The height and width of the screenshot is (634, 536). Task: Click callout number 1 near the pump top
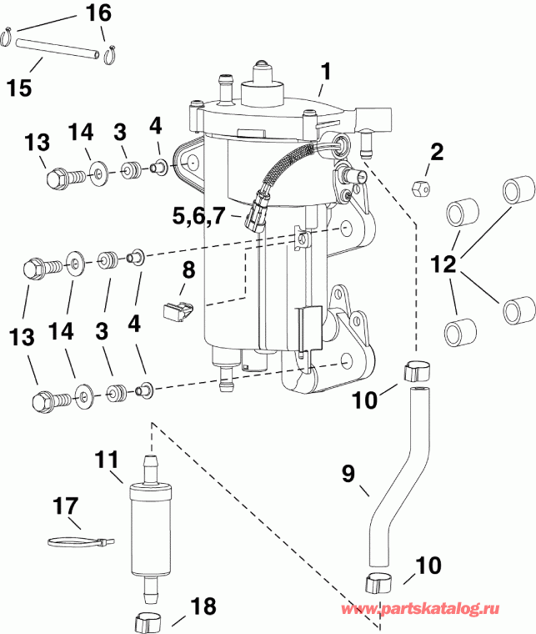pyautogui.click(x=326, y=72)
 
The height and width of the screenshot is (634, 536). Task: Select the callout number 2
pyautogui.click(x=437, y=152)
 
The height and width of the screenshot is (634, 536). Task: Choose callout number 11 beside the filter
pyautogui.click(x=108, y=460)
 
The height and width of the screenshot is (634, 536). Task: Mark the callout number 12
pyautogui.click(x=443, y=265)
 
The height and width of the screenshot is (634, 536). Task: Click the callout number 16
pyautogui.click(x=98, y=13)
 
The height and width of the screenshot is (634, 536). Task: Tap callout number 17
pyautogui.click(x=66, y=506)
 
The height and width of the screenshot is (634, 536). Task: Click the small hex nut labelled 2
pyautogui.click(x=422, y=186)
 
